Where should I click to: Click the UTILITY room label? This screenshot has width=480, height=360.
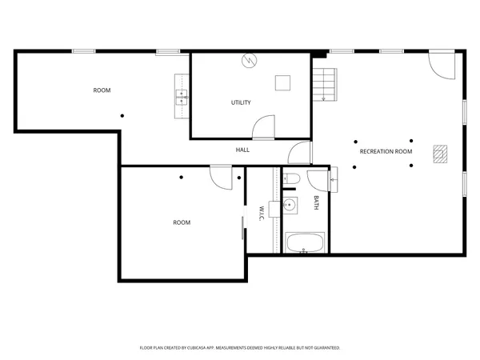pos(241,102)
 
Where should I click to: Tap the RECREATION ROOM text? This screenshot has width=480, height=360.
pos(386,151)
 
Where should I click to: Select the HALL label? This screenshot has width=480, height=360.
pos(242,150)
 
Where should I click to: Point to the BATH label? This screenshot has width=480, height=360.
pos(316,202)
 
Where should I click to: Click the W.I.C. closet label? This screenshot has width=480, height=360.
pos(261,214)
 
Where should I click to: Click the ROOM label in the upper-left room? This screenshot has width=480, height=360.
pos(102,90)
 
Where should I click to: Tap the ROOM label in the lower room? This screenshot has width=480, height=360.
pos(182,222)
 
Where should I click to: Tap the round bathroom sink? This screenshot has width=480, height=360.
pos(290,206)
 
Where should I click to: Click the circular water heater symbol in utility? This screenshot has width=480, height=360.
pos(248,60)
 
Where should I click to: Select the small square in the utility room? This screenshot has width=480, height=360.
pos(282,82)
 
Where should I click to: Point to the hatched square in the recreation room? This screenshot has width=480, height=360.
pos(440,153)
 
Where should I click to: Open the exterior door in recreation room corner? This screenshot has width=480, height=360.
pos(441,64)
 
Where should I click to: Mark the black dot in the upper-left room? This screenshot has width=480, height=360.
pos(122,116)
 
